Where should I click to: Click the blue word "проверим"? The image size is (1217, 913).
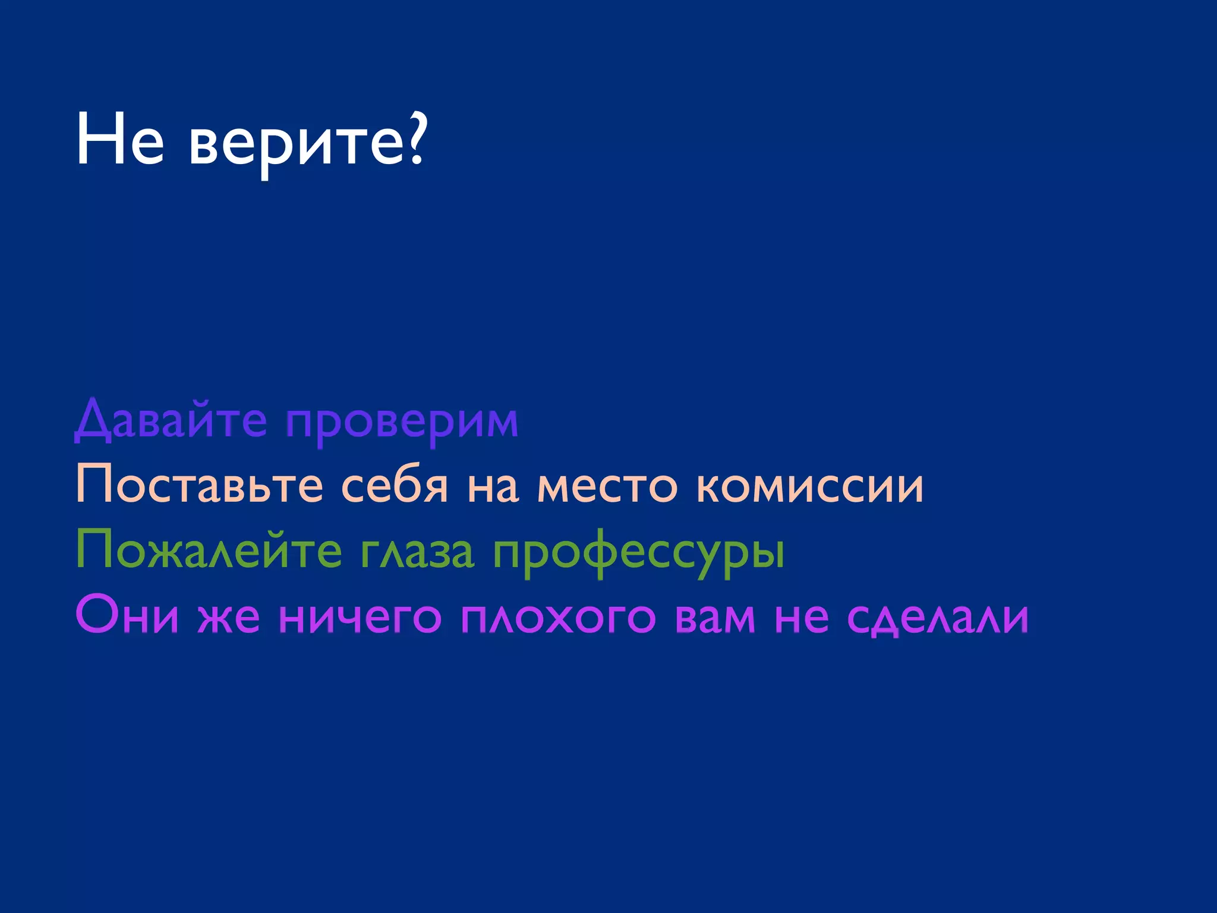(x=402, y=423)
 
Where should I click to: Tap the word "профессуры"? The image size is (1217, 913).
(x=639, y=553)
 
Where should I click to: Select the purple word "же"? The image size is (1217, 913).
(x=229, y=618)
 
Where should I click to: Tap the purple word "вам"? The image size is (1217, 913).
(x=715, y=618)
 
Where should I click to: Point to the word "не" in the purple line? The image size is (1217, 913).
(x=802, y=618)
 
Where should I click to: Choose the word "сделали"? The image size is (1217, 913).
(x=938, y=618)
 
